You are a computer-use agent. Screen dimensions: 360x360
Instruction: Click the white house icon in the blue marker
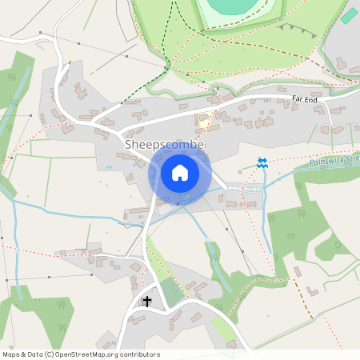coord(179,172)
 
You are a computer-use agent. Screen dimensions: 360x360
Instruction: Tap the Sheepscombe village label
coord(164,144)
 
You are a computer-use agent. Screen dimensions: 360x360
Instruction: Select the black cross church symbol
coord(146,301)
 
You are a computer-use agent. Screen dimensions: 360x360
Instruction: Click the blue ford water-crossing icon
coord(262,162)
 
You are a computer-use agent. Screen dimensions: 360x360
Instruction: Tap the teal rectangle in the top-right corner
coord(349,15)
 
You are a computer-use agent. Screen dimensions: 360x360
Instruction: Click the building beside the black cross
coord(136,319)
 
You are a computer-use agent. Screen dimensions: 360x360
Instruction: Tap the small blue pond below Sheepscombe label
coord(109,167)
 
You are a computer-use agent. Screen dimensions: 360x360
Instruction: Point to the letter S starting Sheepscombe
coord(129,144)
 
